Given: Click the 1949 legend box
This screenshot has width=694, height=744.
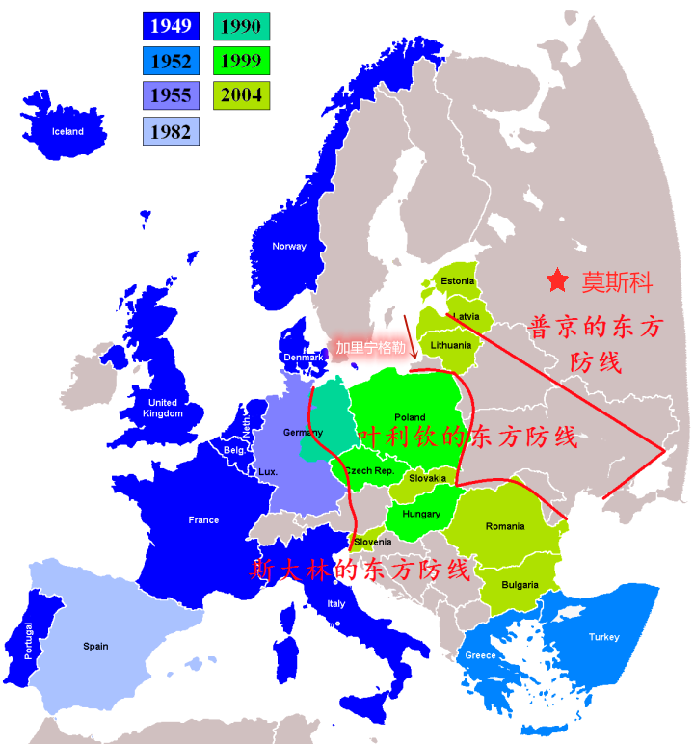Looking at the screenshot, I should tap(170, 26).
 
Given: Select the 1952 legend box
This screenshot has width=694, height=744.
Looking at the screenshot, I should tap(170, 62).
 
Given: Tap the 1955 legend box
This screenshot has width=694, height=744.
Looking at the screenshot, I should tap(170, 95).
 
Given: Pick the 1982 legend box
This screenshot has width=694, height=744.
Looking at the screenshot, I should tap(170, 131).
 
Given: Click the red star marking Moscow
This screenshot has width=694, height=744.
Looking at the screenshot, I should tap(557, 280).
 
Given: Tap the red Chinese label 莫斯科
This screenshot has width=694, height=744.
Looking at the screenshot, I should tap(617, 282).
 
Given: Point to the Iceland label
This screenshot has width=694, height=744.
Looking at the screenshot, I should tap(67, 132).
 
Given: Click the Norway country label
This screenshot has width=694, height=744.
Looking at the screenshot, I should tap(288, 246).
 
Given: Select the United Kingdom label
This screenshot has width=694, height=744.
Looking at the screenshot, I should tap(163, 408).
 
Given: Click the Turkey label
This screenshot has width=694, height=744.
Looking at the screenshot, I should tap(603, 637).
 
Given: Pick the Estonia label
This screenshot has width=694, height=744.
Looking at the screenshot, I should tap(457, 281).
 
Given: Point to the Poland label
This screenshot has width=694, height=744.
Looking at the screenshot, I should tap(410, 418).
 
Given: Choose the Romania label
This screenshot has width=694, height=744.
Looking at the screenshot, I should tap(505, 526).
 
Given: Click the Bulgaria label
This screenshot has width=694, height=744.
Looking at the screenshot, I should tap(520, 585).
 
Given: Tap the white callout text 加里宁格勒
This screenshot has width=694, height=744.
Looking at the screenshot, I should tap(370, 347).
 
